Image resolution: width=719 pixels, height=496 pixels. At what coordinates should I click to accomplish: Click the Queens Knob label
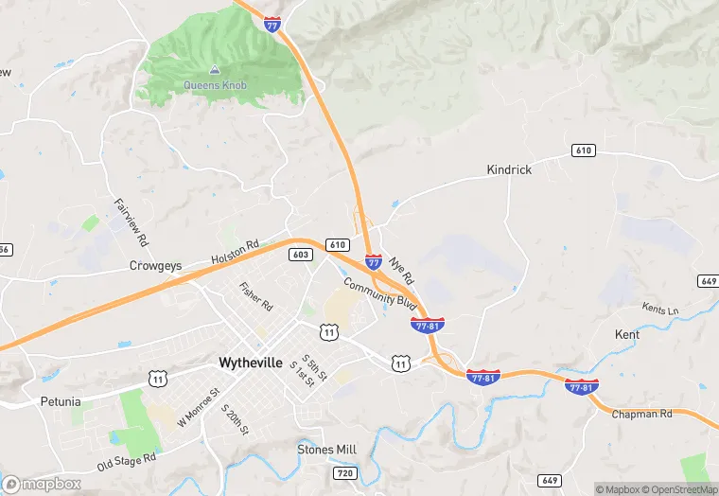pyautogui.click(x=215, y=85)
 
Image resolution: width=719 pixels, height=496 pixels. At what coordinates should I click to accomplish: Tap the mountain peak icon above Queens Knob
pyautogui.click(x=215, y=70)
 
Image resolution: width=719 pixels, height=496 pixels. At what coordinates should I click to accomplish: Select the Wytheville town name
pyautogui.click(x=251, y=362)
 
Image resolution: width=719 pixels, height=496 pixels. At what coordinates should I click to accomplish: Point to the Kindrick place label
pyautogui.click(x=509, y=169)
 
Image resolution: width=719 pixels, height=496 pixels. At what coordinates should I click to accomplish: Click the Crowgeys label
pyautogui.click(x=155, y=266)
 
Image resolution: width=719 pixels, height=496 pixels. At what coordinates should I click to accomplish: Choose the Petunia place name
pyautogui.click(x=61, y=400)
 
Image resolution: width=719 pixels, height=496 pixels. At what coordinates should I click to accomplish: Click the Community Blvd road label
pyautogui.click(x=380, y=293)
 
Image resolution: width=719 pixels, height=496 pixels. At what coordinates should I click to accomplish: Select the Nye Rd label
pyautogui.click(x=401, y=271)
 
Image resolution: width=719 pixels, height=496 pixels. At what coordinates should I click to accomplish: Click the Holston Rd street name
pyautogui.click(x=234, y=253)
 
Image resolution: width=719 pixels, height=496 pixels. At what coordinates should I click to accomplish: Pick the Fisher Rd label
pyautogui.click(x=255, y=297)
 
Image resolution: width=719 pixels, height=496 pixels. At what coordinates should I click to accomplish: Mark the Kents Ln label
pyautogui.click(x=660, y=310)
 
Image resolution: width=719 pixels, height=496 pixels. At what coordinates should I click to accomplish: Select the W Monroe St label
pyautogui.click(x=198, y=407)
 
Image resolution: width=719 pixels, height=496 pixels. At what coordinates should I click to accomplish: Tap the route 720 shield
pyautogui.click(x=343, y=472)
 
